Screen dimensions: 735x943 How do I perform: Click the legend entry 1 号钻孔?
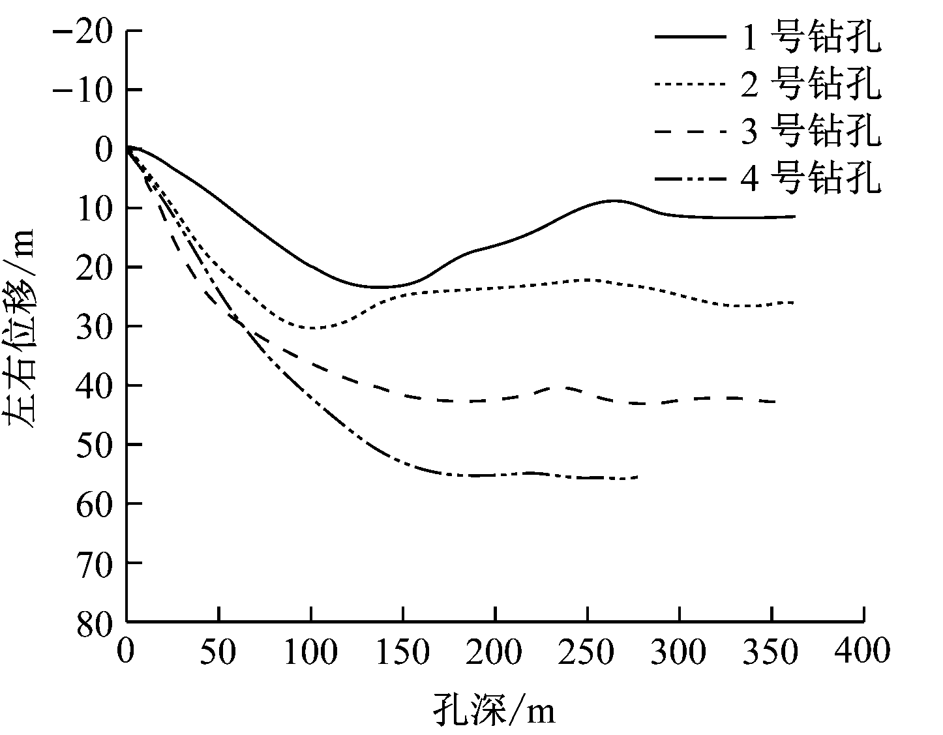click(x=811, y=38)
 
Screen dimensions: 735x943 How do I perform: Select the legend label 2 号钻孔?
click(x=811, y=85)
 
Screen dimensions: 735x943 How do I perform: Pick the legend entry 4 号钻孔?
click(x=811, y=177)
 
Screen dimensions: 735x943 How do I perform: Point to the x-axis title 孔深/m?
click(x=494, y=710)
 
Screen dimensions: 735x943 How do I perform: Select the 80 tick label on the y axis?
click(x=95, y=622)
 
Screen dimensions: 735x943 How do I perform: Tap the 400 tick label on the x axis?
click(x=863, y=651)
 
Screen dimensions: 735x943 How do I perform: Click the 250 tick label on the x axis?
click(x=588, y=651)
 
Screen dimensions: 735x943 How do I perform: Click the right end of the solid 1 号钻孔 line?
click(x=795, y=217)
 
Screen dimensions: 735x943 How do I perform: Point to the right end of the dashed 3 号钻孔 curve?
click(x=775, y=402)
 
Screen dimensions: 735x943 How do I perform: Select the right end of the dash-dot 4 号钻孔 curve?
click(x=637, y=477)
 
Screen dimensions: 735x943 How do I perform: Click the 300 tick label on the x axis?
click(x=680, y=651)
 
